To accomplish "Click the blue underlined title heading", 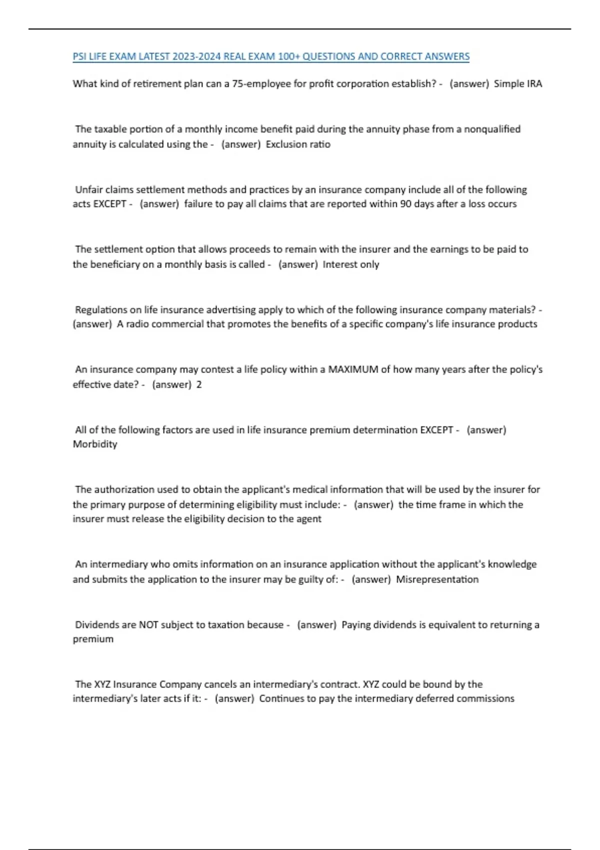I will coord(271,56).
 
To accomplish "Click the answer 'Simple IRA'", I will coord(517,83).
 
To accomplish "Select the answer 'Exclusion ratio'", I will coord(298,144).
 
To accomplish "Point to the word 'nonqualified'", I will coord(492,129).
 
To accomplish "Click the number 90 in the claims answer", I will coord(405,204).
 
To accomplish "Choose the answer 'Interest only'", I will coord(351,264).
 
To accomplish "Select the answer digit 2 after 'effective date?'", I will coord(199,384).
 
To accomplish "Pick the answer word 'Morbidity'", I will coord(95,444).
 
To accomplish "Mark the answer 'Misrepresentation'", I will coord(437,579).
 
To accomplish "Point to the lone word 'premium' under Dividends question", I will coord(93,639).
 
